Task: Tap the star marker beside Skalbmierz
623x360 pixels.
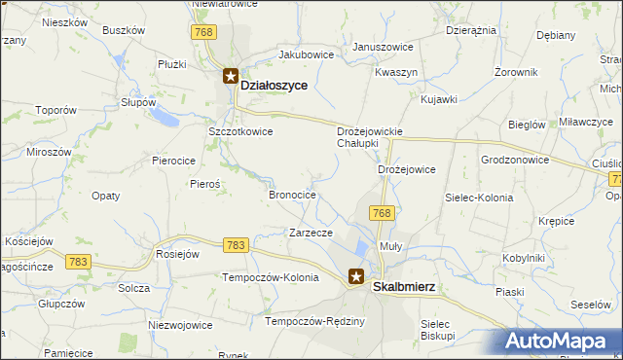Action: pyautogui.click(x=356, y=276)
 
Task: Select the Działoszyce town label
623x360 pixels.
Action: pyautogui.click(x=274, y=86)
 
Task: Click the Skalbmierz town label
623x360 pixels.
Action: pyautogui.click(x=404, y=287)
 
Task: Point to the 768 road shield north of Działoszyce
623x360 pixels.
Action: pyautogui.click(x=202, y=32)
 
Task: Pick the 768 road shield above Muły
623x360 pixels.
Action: pyautogui.click(x=382, y=213)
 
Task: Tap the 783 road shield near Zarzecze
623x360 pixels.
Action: pyautogui.click(x=235, y=245)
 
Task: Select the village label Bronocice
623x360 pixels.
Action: pyautogui.click(x=292, y=195)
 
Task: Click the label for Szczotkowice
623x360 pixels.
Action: pyautogui.click(x=240, y=131)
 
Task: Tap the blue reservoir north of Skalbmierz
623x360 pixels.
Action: pyautogui.click(x=363, y=251)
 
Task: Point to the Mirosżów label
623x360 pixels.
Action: pyautogui.click(x=49, y=153)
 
